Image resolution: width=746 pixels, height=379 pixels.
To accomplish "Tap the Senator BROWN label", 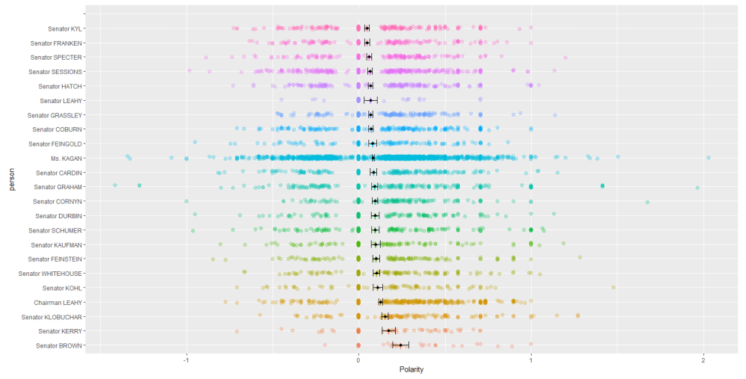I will [x=60, y=345].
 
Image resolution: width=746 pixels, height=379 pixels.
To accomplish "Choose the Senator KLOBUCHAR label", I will [x=57, y=317].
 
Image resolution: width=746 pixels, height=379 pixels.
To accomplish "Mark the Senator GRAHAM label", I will [x=58, y=187].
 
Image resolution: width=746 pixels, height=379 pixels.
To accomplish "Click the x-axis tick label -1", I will [x=186, y=361].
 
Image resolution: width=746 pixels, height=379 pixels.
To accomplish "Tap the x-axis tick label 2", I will [x=703, y=361].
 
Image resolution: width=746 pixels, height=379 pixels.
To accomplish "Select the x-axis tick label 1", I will [x=531, y=361].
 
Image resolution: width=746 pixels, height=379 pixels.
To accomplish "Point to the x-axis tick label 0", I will [x=358, y=361].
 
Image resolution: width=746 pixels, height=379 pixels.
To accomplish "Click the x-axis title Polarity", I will [x=411, y=370].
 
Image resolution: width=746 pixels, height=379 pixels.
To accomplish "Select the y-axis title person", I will [x=13, y=180].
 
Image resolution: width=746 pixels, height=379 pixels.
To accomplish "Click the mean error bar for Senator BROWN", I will [x=400, y=345].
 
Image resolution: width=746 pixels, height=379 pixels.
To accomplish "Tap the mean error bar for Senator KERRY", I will [x=389, y=330].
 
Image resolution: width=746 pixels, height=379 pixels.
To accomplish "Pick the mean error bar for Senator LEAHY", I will [x=370, y=100].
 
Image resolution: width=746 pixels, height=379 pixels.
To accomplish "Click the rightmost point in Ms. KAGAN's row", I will [x=708, y=158].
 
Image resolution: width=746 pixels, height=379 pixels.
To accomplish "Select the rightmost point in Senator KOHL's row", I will [x=613, y=287].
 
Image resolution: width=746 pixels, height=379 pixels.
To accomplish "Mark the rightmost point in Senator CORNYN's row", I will [x=647, y=202].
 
